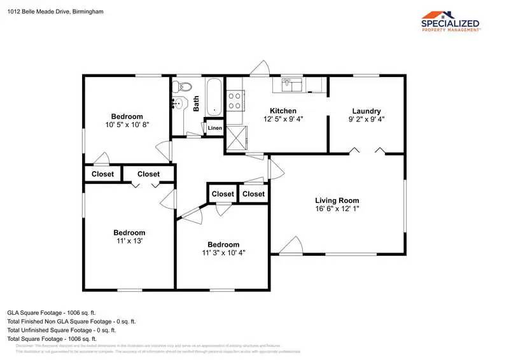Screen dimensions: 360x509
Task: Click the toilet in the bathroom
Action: (185, 87)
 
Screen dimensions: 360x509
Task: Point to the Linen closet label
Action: (215, 129)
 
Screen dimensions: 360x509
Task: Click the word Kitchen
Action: (283, 111)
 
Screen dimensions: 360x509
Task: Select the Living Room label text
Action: (337, 200)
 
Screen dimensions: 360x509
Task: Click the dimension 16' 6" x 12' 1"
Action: (337, 209)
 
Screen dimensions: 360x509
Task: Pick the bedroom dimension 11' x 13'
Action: (129, 241)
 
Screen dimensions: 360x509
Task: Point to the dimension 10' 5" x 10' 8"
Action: (127, 124)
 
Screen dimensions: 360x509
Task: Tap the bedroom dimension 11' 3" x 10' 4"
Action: (223, 253)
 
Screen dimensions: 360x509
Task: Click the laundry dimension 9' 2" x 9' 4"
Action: (366, 119)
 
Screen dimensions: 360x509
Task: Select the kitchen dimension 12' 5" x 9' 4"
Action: (283, 119)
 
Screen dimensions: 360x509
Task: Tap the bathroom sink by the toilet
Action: (179, 104)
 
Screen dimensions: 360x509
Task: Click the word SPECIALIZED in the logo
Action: (451, 24)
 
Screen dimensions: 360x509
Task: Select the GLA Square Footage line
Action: (51, 313)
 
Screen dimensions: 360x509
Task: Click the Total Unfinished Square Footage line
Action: (61, 330)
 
